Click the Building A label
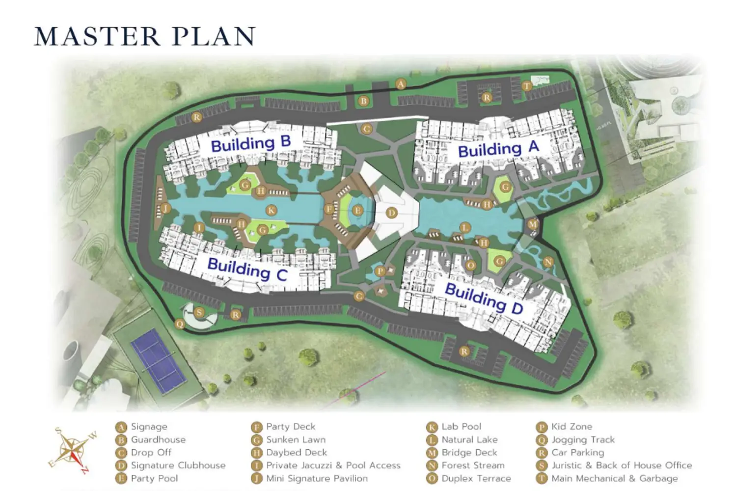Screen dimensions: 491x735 point(498,148)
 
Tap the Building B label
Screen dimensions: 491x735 point(251,144)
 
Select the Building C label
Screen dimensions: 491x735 point(247,269)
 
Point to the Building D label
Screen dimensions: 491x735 point(484,298)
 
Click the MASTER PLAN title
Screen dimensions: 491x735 point(145,36)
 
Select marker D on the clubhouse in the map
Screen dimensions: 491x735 point(391,213)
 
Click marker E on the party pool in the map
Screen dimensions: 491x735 point(357,211)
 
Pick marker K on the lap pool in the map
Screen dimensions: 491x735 point(271,210)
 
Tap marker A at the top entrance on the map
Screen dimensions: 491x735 point(401,84)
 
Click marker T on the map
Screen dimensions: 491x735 point(526,86)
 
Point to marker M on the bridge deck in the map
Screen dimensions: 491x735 point(533,224)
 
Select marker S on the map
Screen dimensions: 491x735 point(199,313)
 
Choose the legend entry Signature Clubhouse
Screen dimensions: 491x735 point(178,465)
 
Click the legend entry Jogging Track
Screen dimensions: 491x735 point(582,439)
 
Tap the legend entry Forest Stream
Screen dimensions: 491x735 point(472,465)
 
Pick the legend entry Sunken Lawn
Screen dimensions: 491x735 point(296,439)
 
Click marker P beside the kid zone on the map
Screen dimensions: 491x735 point(380,271)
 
